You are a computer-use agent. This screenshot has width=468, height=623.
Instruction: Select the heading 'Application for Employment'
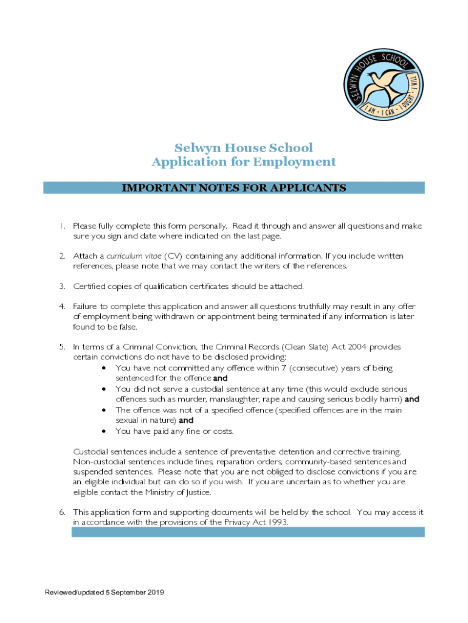click(x=243, y=162)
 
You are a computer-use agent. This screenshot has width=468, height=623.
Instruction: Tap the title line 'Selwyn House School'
click(x=243, y=148)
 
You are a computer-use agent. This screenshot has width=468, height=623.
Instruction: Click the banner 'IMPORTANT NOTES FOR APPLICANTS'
click(x=234, y=188)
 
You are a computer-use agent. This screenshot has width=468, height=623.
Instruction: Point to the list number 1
click(x=61, y=226)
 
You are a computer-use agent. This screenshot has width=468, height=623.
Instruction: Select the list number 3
click(x=61, y=286)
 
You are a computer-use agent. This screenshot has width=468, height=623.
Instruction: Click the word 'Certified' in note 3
click(x=89, y=286)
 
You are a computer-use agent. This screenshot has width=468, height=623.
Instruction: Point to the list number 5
click(x=61, y=347)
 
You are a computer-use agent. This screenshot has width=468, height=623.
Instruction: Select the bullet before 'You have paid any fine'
click(x=106, y=431)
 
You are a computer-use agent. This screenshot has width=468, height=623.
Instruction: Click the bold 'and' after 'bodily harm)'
click(x=412, y=400)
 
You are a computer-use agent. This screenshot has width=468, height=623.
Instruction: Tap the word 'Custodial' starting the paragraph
click(x=92, y=451)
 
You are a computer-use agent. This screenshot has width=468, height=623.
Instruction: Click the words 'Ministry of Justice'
click(x=181, y=492)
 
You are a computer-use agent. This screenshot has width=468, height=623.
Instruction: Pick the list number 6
click(x=61, y=512)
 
